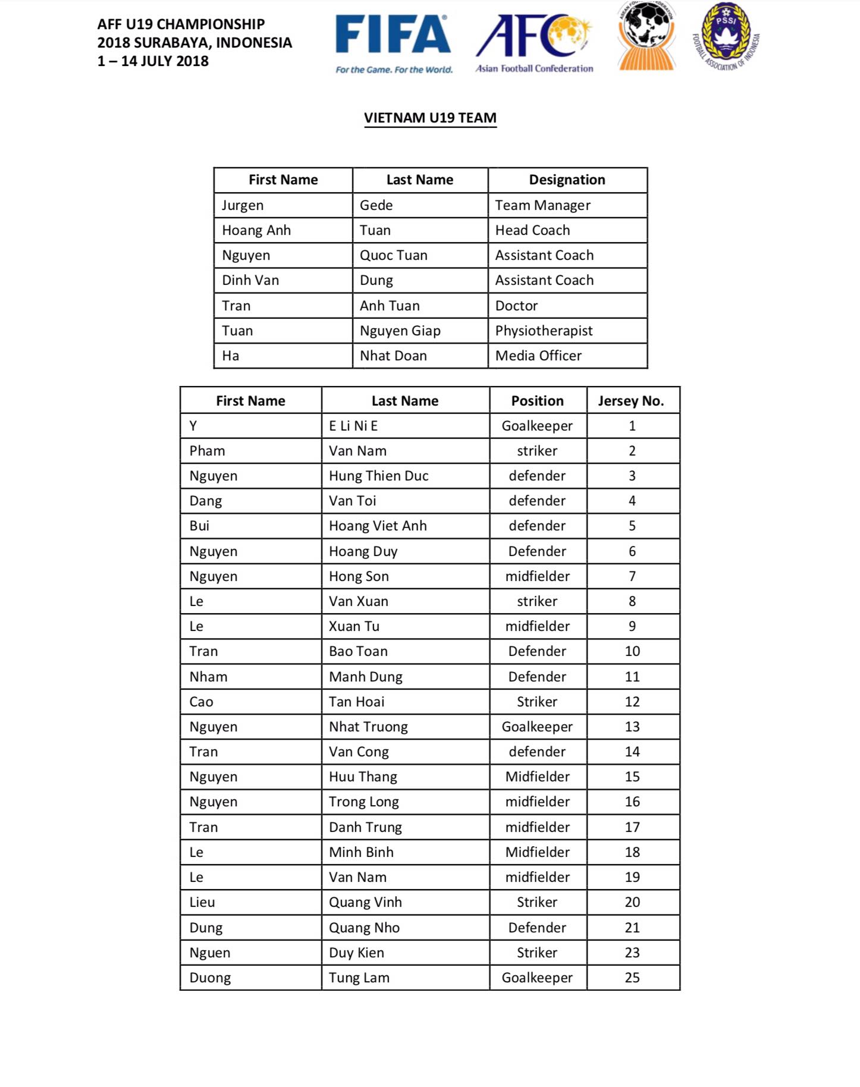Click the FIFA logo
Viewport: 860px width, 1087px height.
tap(393, 43)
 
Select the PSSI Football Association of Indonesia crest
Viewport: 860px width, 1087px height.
tap(726, 37)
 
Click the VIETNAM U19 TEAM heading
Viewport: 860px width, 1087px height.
tap(430, 118)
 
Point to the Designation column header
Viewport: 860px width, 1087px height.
tap(567, 180)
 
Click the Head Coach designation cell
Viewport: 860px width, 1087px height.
tap(532, 230)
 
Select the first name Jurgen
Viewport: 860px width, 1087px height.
tap(243, 205)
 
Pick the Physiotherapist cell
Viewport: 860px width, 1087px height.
tap(544, 331)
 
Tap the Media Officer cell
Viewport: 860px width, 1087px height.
tap(538, 356)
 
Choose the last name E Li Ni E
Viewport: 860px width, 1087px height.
tap(353, 426)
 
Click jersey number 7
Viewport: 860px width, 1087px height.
tap(632, 576)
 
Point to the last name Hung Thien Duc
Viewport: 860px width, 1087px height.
tap(378, 476)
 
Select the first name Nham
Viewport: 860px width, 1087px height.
tap(208, 677)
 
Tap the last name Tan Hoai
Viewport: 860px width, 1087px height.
tap(356, 702)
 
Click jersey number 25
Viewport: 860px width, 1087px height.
tap(632, 978)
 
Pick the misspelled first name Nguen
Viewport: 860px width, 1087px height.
tap(209, 953)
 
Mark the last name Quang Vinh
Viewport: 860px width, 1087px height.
tap(365, 902)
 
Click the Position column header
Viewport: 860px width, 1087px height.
tap(537, 401)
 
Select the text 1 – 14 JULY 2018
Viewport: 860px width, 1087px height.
tap(153, 61)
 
